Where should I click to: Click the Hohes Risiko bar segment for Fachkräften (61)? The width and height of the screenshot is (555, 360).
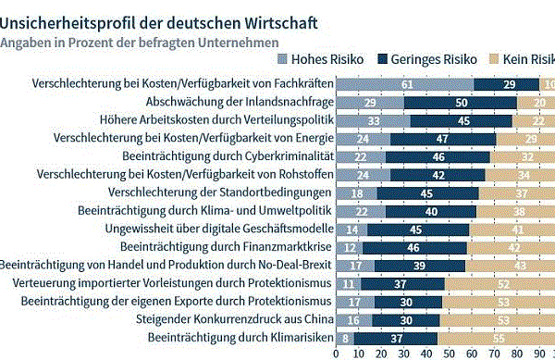tap(405, 84)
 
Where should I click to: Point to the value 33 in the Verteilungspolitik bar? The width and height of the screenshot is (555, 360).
tap(373, 120)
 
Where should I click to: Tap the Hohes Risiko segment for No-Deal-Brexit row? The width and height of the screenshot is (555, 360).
tap(355, 265)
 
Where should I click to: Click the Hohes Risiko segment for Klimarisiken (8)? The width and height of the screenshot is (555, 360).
tap(344, 337)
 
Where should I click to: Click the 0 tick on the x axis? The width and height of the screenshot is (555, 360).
tap(336, 354)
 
